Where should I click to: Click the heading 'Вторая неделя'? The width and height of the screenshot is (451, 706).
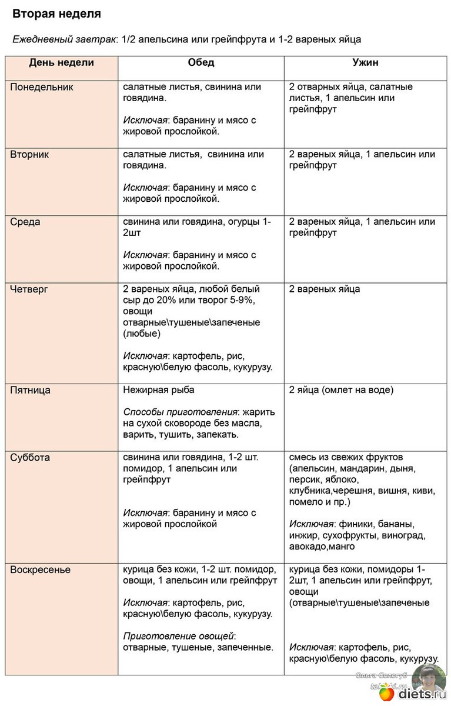coord(56,14)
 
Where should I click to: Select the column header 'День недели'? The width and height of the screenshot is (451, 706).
coord(61,63)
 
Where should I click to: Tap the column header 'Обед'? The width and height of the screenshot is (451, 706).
coord(201,63)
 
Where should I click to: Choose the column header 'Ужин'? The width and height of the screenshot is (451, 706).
coord(365,63)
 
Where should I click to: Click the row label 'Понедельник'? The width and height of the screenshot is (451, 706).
coord(42,87)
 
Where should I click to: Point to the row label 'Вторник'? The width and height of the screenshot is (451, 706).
coord(30,155)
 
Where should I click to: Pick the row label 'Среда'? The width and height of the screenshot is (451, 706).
coord(25,222)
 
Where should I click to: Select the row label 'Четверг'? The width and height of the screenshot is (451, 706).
coord(29,289)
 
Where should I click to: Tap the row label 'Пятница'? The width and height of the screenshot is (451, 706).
coord(31,390)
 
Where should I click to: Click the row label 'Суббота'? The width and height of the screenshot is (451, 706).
coord(30,458)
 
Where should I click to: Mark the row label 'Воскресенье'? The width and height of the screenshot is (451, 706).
coord(41,570)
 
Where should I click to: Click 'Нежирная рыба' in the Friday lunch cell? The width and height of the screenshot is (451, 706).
coord(159,390)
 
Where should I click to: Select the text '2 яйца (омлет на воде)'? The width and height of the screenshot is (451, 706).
coord(341,390)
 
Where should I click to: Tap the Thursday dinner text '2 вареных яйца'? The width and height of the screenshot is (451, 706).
coord(325,289)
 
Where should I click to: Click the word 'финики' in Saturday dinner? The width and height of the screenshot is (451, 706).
coord(353,524)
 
